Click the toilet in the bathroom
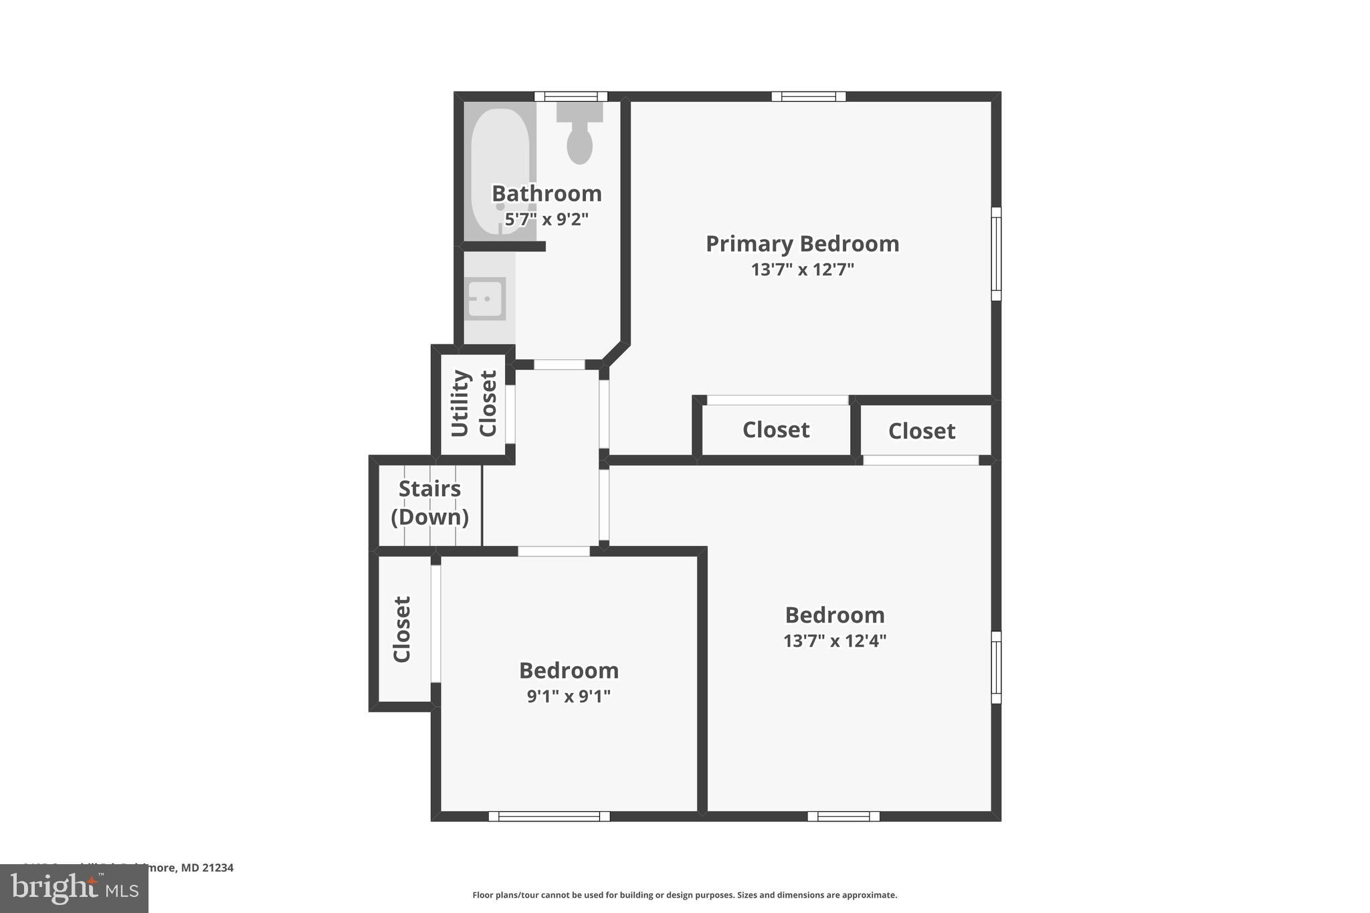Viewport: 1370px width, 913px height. [579, 138]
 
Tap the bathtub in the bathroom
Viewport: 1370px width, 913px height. [500, 171]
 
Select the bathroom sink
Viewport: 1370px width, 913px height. [485, 299]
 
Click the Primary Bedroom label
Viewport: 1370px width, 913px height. [802, 243]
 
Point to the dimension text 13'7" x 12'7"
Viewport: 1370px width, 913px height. [802, 270]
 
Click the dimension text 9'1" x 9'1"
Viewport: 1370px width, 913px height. [569, 696]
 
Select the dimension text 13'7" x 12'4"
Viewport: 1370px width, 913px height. [834, 641]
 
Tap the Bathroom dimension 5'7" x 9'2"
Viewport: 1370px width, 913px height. [547, 219]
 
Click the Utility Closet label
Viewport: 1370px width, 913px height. [474, 403]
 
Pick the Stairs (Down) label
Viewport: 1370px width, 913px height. [429, 503]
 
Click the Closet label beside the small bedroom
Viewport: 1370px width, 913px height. [401, 629]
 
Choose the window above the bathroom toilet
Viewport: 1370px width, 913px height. [571, 96]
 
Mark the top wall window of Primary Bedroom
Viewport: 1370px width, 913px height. [808, 96]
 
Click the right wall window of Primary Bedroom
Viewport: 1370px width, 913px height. [996, 253]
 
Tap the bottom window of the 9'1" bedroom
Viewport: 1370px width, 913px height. [549, 816]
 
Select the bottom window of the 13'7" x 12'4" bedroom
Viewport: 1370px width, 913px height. [843, 816]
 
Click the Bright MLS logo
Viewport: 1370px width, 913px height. [74, 888]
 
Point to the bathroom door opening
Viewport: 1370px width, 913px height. [559, 365]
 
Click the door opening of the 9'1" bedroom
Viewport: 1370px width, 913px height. [554, 551]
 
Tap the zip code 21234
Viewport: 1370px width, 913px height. [218, 868]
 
